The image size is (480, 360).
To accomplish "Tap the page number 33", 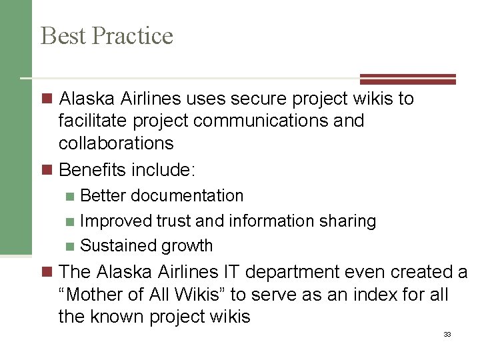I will pyautogui.click(x=447, y=334).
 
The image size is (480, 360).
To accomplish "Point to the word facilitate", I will pyautogui.click(x=93, y=121).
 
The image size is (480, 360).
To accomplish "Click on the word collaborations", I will pyautogui.click(x=116, y=143).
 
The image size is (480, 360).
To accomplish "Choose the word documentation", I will pyautogui.click(x=187, y=195).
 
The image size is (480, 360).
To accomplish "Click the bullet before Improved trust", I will pyautogui.click(x=71, y=221).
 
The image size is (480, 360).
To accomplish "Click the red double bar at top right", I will pyautogui.click(x=408, y=79).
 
